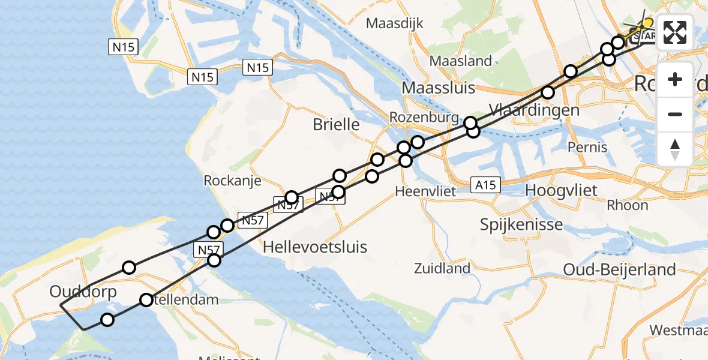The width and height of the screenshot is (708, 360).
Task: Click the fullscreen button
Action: pos(675,32)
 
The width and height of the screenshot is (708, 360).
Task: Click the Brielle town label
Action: pos(336,125)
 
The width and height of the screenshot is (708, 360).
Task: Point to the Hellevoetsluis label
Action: pos(315,247)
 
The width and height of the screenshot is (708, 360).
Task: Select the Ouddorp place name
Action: pos(75,292)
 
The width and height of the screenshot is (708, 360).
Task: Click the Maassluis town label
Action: pos(438,88)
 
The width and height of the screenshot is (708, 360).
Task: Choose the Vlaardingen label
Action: pos(534,110)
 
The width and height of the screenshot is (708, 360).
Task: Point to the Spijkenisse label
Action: pos(521,225)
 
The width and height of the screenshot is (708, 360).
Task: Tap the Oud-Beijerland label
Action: pos(619,269)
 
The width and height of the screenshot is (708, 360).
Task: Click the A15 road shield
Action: pos(484,185)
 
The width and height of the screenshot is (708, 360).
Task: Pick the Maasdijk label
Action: pos(394,24)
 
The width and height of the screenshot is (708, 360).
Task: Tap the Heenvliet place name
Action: pos(425,191)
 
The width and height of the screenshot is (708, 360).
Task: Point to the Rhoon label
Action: pos(627,205)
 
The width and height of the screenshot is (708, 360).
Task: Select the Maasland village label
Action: pos(461,61)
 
